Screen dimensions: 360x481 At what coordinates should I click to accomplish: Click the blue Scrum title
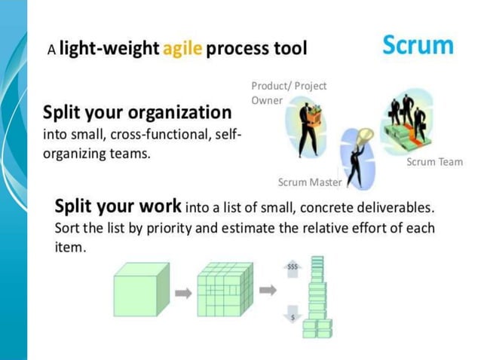(x=418, y=45)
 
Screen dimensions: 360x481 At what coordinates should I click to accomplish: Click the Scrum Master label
(x=309, y=182)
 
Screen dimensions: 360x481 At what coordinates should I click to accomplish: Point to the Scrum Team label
(x=434, y=162)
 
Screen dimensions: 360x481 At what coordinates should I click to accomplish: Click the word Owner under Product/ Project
(x=266, y=100)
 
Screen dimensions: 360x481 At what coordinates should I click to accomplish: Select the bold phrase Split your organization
(x=137, y=113)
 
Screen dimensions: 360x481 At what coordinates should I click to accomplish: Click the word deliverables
(x=393, y=207)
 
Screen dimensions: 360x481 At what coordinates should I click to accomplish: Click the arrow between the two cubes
(x=183, y=291)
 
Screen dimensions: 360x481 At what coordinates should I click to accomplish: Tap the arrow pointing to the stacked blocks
(x=267, y=288)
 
